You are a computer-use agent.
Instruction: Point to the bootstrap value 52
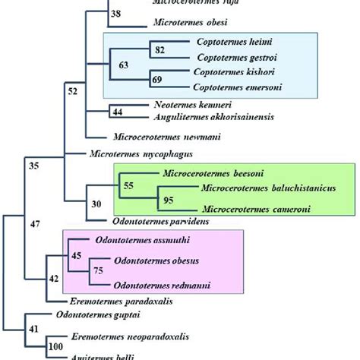click(74, 92)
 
